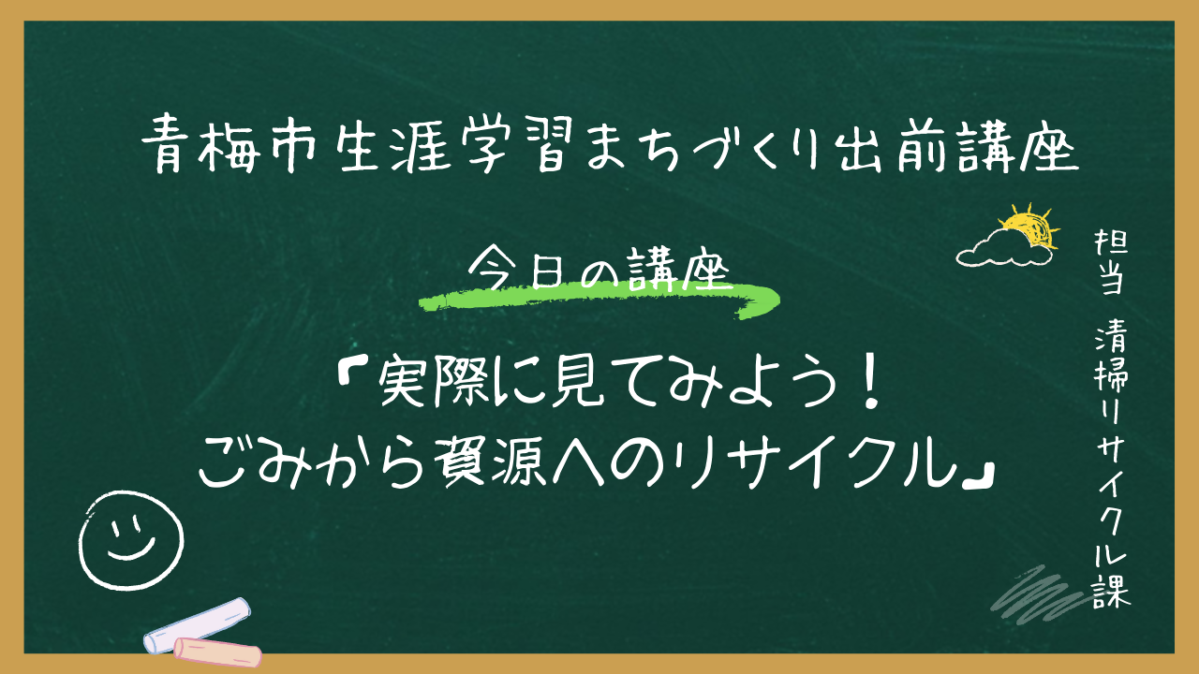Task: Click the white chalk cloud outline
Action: [999, 247]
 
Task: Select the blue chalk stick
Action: [197, 623]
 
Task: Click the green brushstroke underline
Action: [599, 299]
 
